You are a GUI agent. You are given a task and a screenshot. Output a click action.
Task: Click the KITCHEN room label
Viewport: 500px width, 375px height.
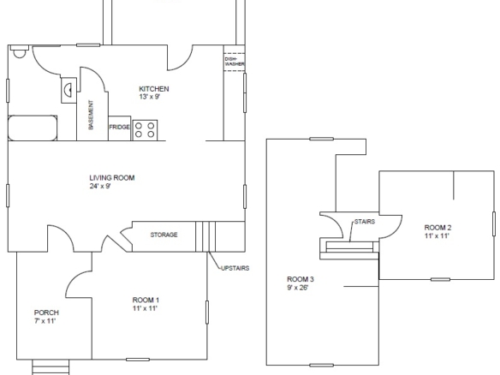click(154, 89)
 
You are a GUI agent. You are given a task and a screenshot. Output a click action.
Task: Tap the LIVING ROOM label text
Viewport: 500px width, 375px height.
click(112, 178)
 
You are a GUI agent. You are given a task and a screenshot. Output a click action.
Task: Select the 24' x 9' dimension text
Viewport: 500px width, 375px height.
click(100, 187)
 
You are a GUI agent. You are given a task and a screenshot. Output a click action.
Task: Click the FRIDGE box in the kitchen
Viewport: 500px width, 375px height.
click(120, 128)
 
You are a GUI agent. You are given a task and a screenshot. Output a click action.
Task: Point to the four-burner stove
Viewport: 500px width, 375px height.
click(145, 130)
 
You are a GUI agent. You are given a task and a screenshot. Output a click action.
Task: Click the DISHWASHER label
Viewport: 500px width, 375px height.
click(235, 62)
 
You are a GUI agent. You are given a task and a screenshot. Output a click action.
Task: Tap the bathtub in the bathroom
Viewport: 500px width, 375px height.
click(33, 128)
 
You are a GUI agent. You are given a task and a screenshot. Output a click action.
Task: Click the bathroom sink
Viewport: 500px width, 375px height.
click(68, 90)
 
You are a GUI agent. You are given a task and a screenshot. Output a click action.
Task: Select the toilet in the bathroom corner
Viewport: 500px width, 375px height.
click(19, 51)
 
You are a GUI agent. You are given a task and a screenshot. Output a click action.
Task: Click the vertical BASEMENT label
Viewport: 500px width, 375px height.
click(92, 115)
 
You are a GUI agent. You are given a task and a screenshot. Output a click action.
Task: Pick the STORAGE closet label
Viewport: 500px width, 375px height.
click(164, 235)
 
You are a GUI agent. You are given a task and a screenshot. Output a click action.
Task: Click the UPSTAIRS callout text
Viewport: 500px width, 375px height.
click(235, 268)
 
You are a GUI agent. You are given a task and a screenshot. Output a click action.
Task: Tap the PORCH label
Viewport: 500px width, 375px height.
click(46, 312)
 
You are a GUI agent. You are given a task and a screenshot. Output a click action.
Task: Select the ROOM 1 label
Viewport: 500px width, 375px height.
click(146, 300)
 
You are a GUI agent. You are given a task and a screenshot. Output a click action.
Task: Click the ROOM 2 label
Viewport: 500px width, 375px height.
click(437, 228)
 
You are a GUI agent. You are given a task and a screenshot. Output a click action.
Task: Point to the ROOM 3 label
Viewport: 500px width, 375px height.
click(301, 279)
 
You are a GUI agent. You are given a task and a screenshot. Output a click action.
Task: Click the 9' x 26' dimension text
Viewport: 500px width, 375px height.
click(297, 288)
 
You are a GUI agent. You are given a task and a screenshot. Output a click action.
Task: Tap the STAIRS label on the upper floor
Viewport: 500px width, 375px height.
click(365, 222)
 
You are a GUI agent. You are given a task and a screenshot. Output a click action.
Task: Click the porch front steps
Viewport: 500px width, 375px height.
click(51, 367)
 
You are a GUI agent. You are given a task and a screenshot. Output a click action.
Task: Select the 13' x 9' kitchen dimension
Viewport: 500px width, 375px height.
click(149, 97)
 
